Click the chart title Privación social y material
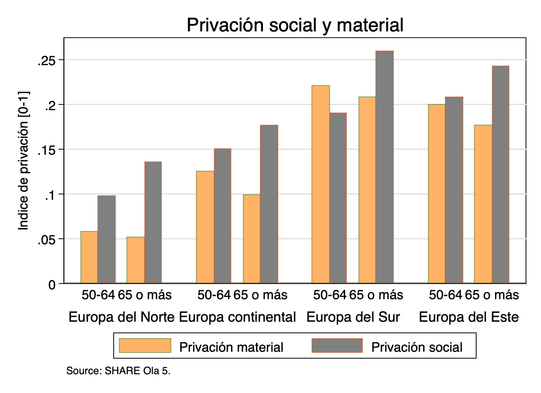click(x=295, y=25)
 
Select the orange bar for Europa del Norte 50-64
click(x=89, y=257)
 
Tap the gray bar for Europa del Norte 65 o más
click(x=153, y=223)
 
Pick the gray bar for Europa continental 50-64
click(x=223, y=216)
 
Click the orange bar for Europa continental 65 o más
click(x=251, y=239)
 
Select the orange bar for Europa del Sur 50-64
click(x=321, y=185)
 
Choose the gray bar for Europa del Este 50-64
click(x=454, y=190)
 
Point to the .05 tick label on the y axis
click(x=47, y=239)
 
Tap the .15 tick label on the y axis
click(x=47, y=150)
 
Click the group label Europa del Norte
click(x=122, y=317)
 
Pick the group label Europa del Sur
click(x=353, y=317)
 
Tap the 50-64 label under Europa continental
click(x=214, y=295)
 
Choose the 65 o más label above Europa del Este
click(x=492, y=295)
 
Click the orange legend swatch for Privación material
click(x=145, y=346)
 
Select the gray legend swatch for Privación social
click(x=337, y=346)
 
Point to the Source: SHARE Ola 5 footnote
click(x=119, y=371)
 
